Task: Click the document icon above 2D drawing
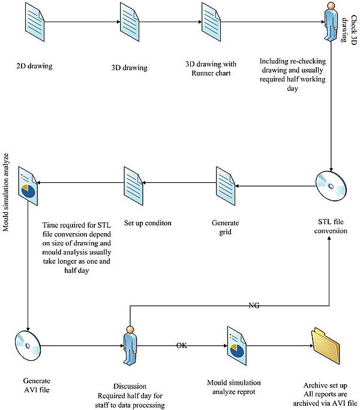(x=34, y=23)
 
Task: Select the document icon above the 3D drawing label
(x=128, y=23)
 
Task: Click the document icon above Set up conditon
(x=132, y=186)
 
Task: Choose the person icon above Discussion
(x=128, y=346)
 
